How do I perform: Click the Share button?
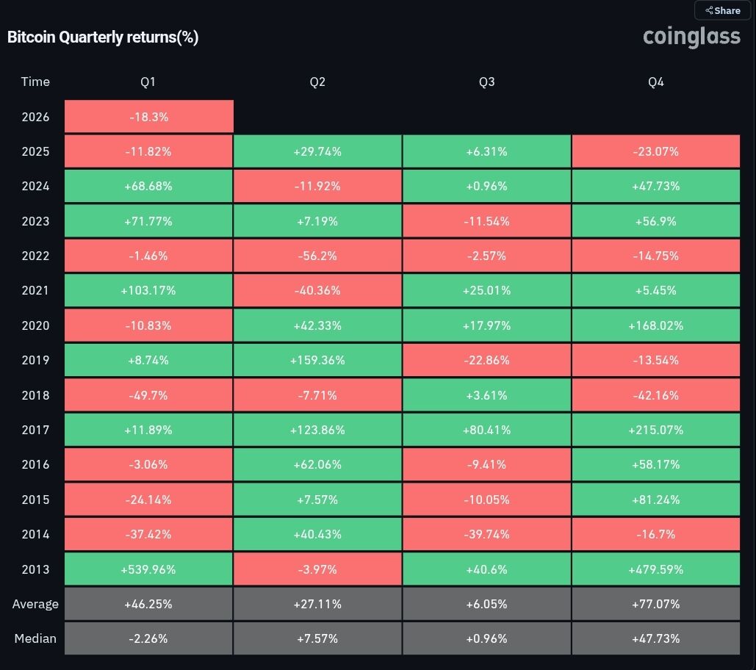tap(722, 10)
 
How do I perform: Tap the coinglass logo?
tap(691, 36)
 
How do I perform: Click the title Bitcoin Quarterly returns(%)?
tap(103, 37)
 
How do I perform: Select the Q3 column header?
tap(486, 82)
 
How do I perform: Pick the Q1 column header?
tap(148, 82)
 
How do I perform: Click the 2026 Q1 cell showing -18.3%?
tap(148, 117)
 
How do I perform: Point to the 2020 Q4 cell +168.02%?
tap(655, 325)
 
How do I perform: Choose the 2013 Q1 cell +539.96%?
tap(148, 569)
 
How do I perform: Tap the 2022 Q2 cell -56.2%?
tap(317, 256)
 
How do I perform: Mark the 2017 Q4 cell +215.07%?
tap(655, 430)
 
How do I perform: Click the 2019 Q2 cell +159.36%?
tap(317, 360)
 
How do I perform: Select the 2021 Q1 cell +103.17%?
tap(148, 290)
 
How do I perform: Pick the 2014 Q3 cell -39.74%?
tap(486, 534)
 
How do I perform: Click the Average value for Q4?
tap(655, 604)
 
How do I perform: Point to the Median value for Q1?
tap(148, 638)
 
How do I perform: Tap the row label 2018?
tap(35, 395)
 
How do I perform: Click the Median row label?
tap(35, 638)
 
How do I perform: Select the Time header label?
tap(35, 82)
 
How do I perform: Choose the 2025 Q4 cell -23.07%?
tap(655, 151)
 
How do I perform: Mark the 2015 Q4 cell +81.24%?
tap(655, 500)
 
